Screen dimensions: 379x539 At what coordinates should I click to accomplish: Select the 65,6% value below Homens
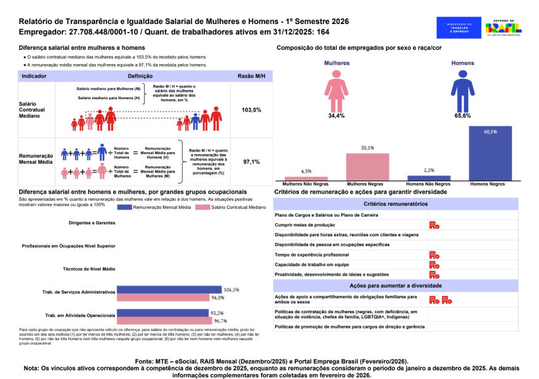462,116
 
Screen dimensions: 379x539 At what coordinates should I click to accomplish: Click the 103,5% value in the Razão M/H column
252,110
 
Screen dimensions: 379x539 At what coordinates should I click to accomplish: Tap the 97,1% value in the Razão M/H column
252,162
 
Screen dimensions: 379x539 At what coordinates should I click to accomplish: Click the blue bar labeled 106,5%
169,289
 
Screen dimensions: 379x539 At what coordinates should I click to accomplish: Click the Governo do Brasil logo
503,28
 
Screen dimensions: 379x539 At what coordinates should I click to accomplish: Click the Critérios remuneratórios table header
396,203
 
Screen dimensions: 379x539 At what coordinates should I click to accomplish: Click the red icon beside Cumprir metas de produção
434,226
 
